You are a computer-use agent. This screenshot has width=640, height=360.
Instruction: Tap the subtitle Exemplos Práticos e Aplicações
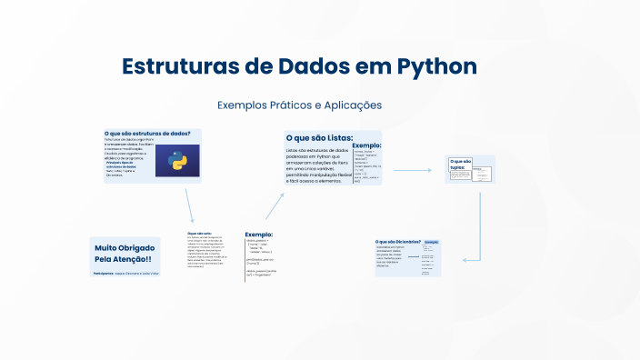299,105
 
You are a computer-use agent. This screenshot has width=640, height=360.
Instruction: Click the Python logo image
177,160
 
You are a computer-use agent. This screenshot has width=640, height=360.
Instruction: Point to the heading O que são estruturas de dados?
147,134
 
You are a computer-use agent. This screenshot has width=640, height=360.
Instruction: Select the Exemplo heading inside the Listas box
366,145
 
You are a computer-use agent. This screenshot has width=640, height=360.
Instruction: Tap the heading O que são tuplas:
461,165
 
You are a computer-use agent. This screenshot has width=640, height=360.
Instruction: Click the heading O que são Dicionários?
398,242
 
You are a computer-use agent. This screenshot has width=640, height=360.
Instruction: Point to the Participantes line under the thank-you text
125,273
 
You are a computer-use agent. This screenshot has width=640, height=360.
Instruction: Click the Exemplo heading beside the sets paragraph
258,235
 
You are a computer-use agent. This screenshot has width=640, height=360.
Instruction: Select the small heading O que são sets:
198,233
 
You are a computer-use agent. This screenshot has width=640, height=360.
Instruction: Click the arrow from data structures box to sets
188,204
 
